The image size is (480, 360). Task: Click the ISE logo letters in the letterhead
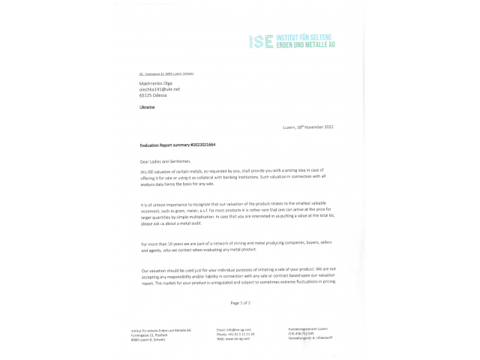coord(262,41)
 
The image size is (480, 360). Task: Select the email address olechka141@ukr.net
coord(160,89)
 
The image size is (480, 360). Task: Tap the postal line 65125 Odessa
coord(154,95)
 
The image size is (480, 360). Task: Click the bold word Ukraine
coord(147,107)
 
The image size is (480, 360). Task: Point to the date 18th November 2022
coord(313,127)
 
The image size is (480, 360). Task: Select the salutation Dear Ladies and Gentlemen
coord(166,160)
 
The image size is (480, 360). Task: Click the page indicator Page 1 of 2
coord(240,302)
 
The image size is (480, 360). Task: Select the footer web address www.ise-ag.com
coord(233,339)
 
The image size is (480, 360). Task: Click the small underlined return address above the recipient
coord(166,73)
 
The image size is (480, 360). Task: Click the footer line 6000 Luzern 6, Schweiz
coord(148,339)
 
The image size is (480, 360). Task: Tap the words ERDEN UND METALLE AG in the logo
coord(305,45)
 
